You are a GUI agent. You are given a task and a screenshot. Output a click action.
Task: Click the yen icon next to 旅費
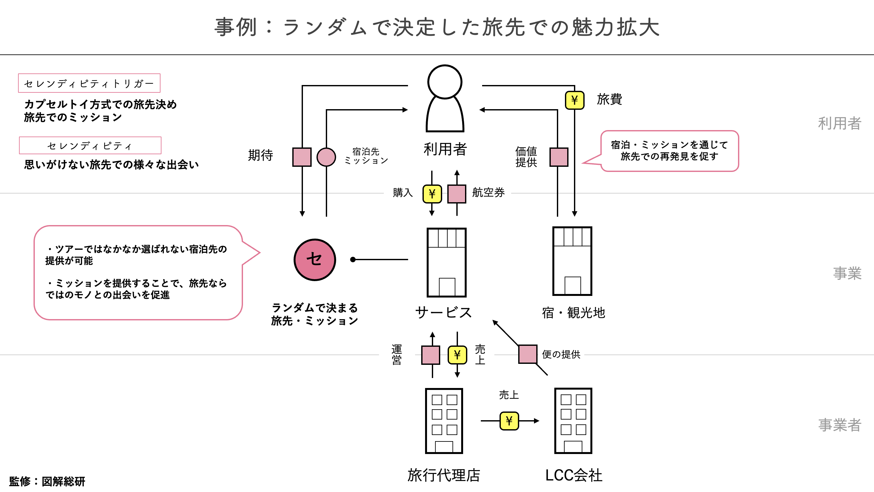[574, 100]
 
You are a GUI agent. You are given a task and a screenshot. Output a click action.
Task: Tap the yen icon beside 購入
[432, 194]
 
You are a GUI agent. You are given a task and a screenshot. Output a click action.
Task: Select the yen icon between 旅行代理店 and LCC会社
[509, 421]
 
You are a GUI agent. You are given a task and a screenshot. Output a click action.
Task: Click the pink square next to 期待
[302, 157]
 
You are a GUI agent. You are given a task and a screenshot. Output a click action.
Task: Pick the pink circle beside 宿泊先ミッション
[326, 157]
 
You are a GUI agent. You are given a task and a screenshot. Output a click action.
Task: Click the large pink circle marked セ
[315, 260]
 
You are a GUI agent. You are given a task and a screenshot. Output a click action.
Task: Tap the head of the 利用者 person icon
[444, 82]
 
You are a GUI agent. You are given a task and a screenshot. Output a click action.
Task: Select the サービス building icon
[446, 262]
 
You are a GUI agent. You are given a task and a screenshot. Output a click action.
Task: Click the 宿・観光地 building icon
[572, 261]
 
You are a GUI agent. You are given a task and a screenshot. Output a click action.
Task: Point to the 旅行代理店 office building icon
[444, 421]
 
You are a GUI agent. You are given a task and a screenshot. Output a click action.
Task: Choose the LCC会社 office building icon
[573, 421]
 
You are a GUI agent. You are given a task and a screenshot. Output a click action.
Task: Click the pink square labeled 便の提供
[528, 354]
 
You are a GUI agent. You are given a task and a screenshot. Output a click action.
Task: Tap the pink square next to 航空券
[457, 194]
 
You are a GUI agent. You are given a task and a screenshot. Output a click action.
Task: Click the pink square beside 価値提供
[559, 157]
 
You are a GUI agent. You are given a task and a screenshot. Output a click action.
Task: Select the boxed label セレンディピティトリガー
[89, 83]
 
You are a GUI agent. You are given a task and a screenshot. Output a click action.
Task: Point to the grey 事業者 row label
[840, 425]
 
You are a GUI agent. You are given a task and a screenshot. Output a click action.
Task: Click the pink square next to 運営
[431, 355]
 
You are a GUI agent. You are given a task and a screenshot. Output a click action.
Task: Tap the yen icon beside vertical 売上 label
[457, 355]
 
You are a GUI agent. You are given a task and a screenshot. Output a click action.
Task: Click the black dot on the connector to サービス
[353, 260]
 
